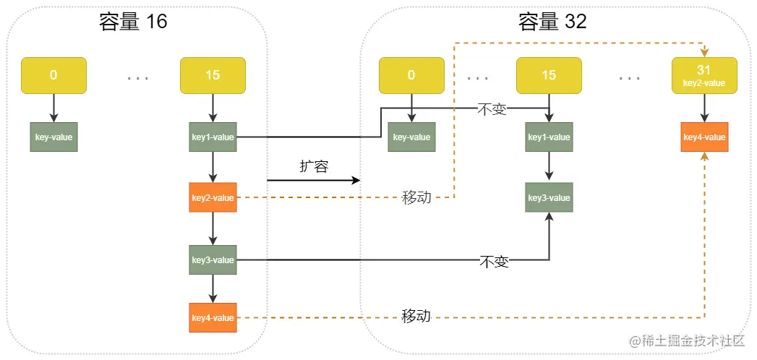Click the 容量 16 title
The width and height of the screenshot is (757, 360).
(133, 22)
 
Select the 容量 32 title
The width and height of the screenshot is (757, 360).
(553, 22)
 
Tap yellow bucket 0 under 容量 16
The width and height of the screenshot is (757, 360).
(54, 75)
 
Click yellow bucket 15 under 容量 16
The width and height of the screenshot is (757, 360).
(213, 75)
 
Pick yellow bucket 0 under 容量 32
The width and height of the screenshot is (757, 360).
(411, 75)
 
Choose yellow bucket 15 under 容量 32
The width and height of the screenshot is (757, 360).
(549, 75)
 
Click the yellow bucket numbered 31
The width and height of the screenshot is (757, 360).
(704, 75)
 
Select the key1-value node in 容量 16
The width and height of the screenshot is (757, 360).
(213, 137)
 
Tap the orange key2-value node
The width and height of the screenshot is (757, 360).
(213, 197)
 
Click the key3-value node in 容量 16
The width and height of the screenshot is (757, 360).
(213, 260)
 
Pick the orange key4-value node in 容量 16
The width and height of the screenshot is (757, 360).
(213, 317)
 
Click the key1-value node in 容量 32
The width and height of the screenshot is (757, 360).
(549, 137)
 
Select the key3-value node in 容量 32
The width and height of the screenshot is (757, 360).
(549, 197)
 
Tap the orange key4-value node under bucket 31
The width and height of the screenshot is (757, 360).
(704, 137)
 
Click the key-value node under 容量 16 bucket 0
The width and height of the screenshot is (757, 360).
(54, 137)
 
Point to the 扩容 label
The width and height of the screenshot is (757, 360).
(315, 166)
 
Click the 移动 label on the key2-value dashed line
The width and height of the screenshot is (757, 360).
(416, 197)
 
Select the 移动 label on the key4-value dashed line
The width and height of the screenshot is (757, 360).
(416, 317)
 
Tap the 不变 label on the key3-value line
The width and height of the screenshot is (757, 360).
(495, 262)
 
